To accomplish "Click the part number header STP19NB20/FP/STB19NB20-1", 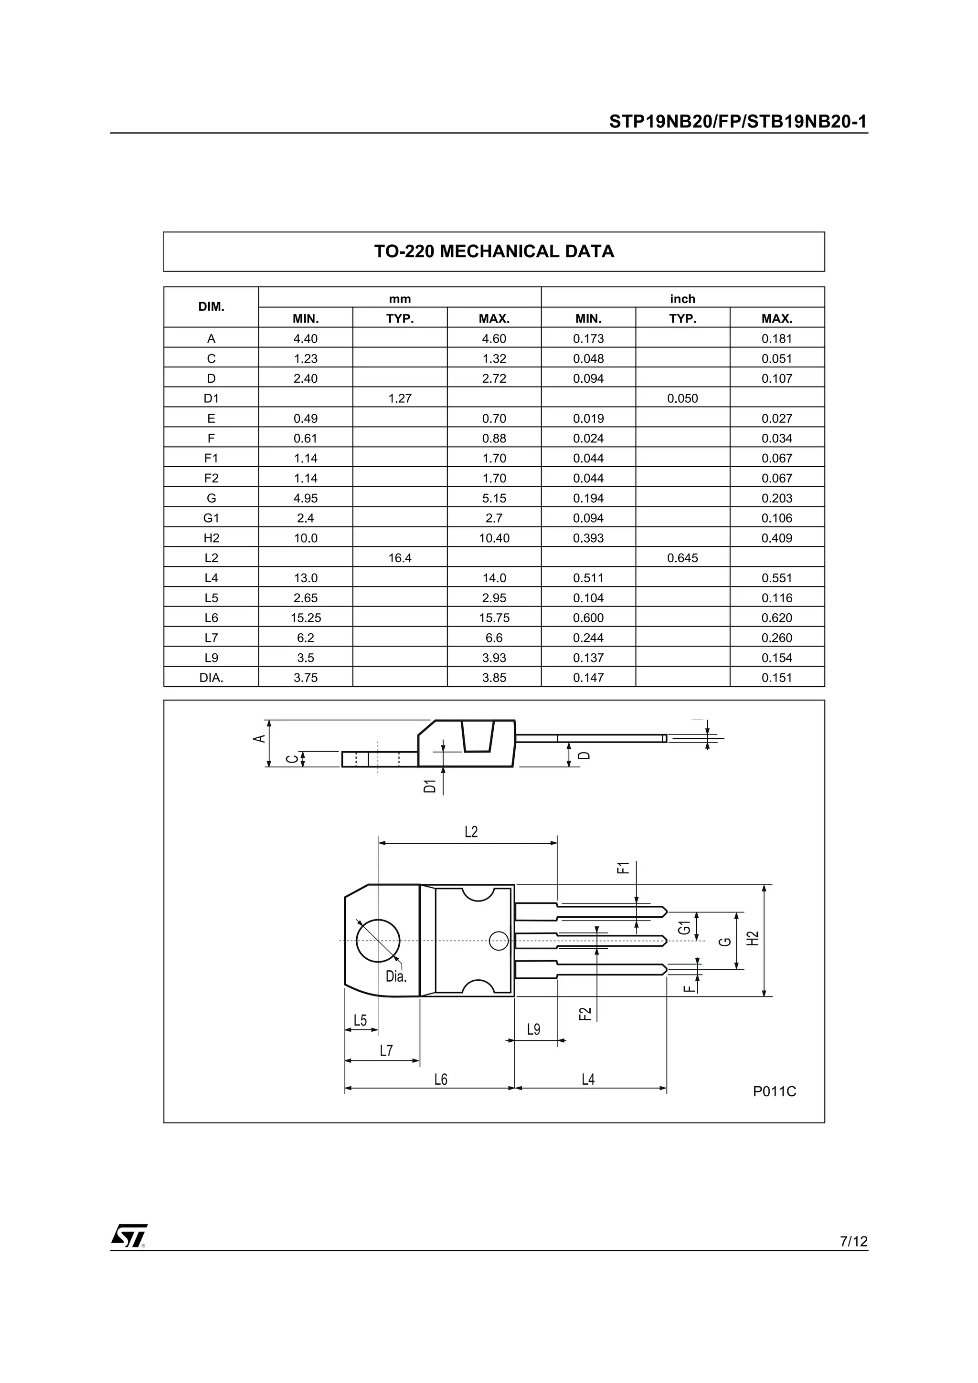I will coord(738,122).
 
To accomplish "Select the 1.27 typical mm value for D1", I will coord(400,398).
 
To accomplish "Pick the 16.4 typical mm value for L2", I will coord(400,558).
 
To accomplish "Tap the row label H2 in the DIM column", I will coord(211,538).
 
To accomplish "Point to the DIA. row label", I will coord(211,677).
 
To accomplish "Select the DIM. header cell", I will coord(211,306).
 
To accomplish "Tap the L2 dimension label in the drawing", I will coord(471,832).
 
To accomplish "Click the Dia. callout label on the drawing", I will coord(396,976).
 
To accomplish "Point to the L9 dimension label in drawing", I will coord(533,1029).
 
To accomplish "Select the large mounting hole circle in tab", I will coord(378,941).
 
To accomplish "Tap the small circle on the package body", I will coord(499,941).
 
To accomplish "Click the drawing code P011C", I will coord(774,1091).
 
